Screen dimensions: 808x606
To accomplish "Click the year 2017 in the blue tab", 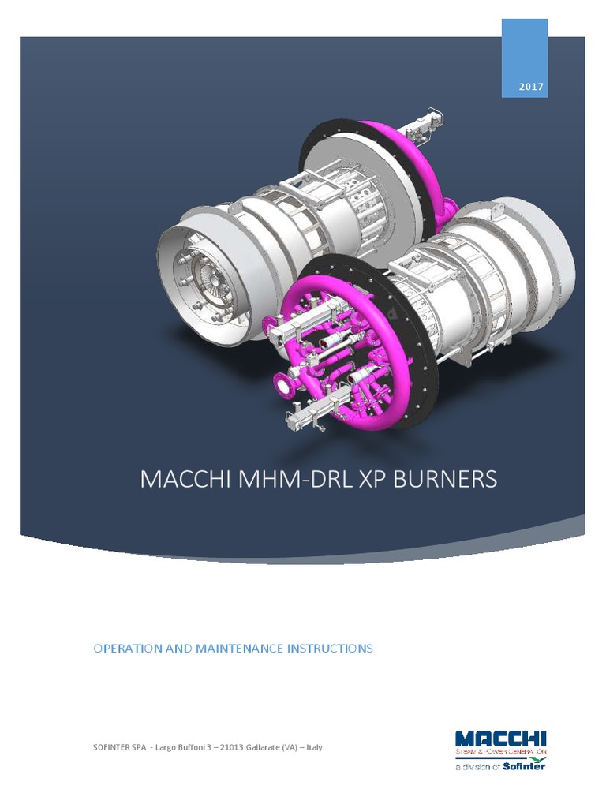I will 531,87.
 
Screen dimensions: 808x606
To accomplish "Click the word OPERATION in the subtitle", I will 125,649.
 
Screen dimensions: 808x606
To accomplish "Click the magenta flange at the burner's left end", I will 280,385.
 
